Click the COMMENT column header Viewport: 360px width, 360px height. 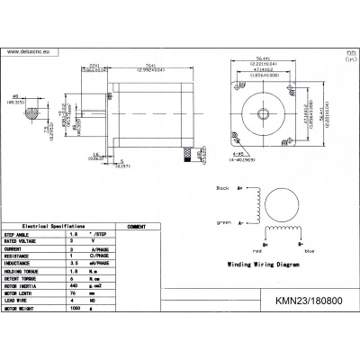pos(137,227)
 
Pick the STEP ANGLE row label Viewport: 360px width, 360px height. pos(23,236)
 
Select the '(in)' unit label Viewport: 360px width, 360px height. pos(349,61)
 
